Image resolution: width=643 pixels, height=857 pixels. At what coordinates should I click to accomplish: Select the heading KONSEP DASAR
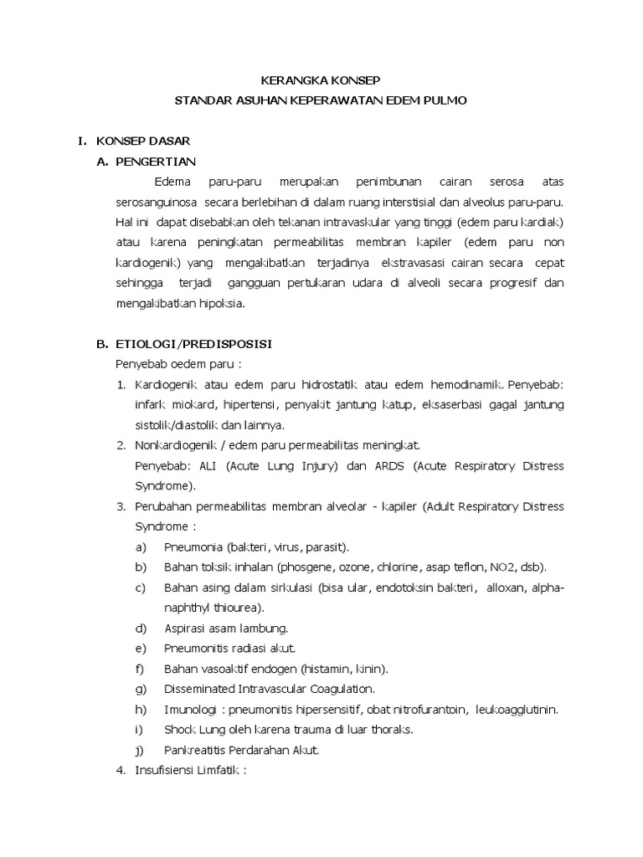point(135,141)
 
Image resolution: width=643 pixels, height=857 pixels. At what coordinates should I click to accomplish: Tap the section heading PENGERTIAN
point(160,162)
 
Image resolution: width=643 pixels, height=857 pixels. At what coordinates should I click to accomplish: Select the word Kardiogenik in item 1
point(165,385)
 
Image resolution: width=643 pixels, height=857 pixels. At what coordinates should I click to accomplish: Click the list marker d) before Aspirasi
point(141,628)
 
